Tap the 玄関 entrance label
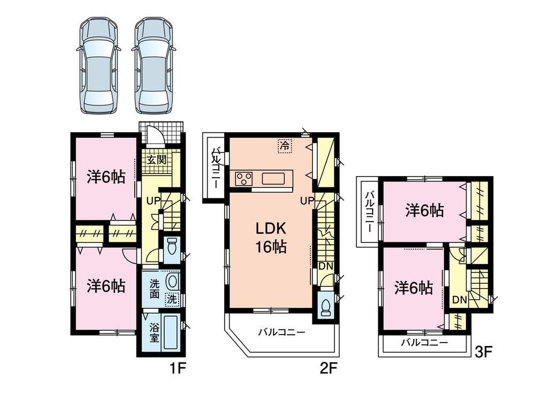tap(157, 159)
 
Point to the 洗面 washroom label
tap(154, 289)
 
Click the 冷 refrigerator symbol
tap(285, 145)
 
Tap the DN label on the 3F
tap(458, 300)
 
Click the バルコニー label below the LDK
tap(281, 332)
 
